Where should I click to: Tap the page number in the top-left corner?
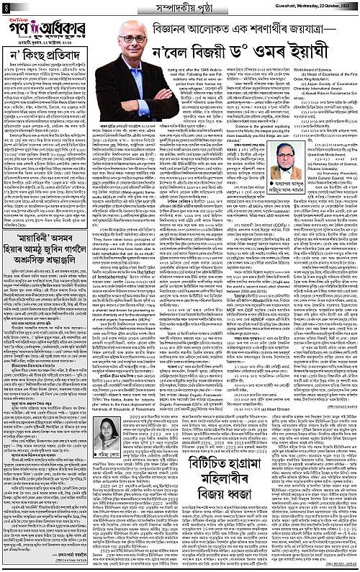coord(5,7)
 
